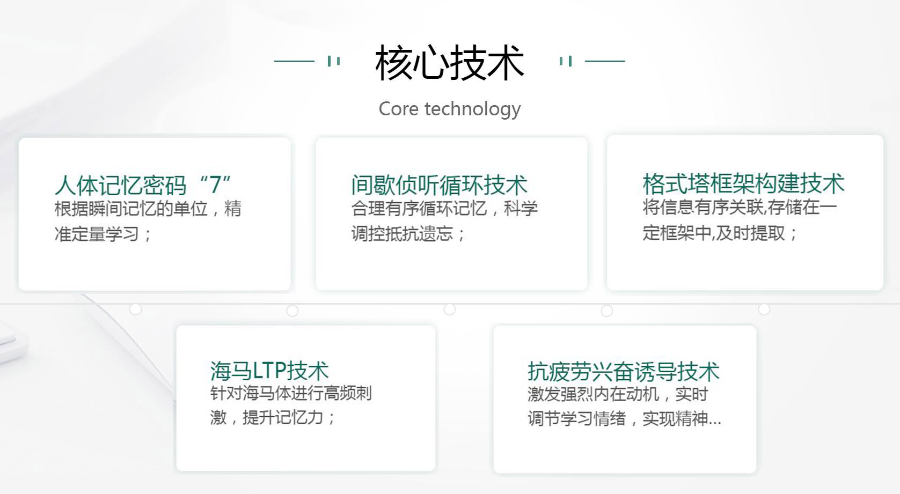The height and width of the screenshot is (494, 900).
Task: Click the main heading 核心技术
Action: (x=450, y=62)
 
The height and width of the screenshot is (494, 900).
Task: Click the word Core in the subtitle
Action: (x=398, y=109)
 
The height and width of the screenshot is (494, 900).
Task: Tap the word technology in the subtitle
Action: (x=472, y=109)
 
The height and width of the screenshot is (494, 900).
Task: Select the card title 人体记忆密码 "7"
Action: (x=143, y=185)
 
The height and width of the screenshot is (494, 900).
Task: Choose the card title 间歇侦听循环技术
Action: (x=439, y=185)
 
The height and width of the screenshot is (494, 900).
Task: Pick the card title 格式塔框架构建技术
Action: (x=743, y=183)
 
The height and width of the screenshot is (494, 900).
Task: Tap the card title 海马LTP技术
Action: (x=269, y=370)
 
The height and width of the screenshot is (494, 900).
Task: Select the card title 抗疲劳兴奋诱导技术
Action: (x=623, y=372)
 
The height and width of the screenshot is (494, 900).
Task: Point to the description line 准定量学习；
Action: (x=103, y=234)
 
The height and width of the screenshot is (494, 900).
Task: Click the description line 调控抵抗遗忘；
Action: (x=408, y=233)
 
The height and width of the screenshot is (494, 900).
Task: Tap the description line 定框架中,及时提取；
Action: (x=720, y=233)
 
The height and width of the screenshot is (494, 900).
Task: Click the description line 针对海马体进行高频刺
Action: (x=290, y=393)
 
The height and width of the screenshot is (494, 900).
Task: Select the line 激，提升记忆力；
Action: (x=273, y=417)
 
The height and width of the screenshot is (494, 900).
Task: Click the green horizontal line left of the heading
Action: (x=294, y=61)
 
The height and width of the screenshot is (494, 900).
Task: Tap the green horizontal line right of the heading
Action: (x=605, y=61)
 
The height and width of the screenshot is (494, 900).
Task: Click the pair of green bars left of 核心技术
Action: (x=334, y=61)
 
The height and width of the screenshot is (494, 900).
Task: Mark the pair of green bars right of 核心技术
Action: (x=566, y=61)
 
